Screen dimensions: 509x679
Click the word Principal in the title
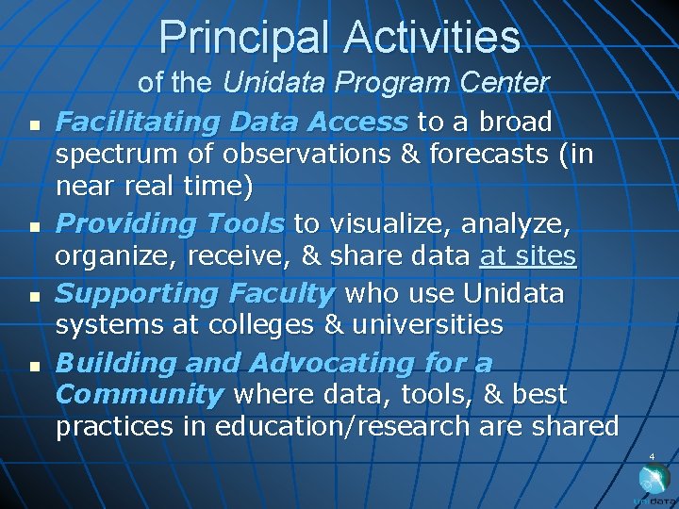tap(246, 38)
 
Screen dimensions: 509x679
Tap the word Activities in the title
tap(432, 38)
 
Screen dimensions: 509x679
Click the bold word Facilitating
tap(136, 122)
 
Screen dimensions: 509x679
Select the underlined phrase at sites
tap(527, 255)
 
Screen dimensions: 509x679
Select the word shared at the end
tap(573, 426)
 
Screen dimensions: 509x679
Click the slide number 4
tap(651, 457)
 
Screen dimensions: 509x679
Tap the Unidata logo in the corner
tap(654, 484)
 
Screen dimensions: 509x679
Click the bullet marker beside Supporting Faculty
tap(33, 296)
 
